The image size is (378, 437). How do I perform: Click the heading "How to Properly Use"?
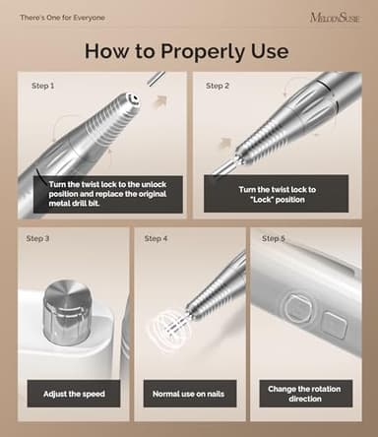click(189, 51)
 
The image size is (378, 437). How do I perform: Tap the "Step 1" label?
click(40, 86)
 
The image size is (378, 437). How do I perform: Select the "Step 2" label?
click(219, 86)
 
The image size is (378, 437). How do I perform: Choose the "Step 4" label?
click(155, 238)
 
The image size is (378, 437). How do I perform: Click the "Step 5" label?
click(274, 238)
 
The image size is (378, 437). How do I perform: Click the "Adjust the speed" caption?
click(74, 395)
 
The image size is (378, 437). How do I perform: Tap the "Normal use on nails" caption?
click(188, 395)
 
